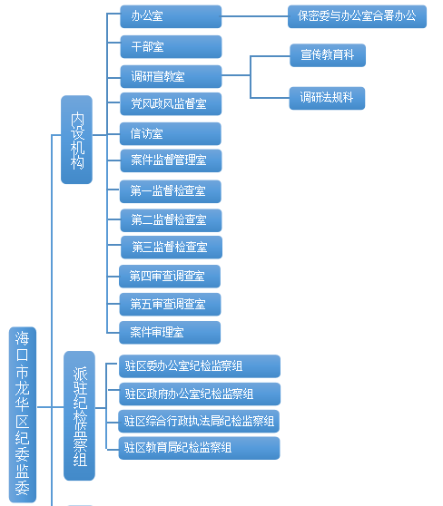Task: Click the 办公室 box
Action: [x=171, y=16]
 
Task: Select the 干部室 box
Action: [x=171, y=47]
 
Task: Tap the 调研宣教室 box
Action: [x=171, y=76]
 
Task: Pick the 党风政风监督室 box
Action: [x=171, y=104]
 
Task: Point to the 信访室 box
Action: [x=171, y=133]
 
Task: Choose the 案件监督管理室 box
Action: [x=171, y=161]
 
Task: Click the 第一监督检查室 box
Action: [x=171, y=191]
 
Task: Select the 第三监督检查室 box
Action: [x=172, y=248]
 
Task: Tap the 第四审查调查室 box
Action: [x=170, y=277]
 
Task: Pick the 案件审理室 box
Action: [x=170, y=333]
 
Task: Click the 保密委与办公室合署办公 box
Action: [x=357, y=16]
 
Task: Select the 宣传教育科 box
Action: [x=328, y=55]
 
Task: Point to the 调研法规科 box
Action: [x=327, y=98]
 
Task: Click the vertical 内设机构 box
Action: [x=76, y=140]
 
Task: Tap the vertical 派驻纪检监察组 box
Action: [x=80, y=415]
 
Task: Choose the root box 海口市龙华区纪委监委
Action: [x=23, y=414]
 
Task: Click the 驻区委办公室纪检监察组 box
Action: [x=200, y=366]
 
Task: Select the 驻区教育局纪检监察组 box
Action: [x=199, y=448]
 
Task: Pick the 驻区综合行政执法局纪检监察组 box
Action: [x=199, y=421]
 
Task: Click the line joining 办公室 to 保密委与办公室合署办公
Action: [x=254, y=16]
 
